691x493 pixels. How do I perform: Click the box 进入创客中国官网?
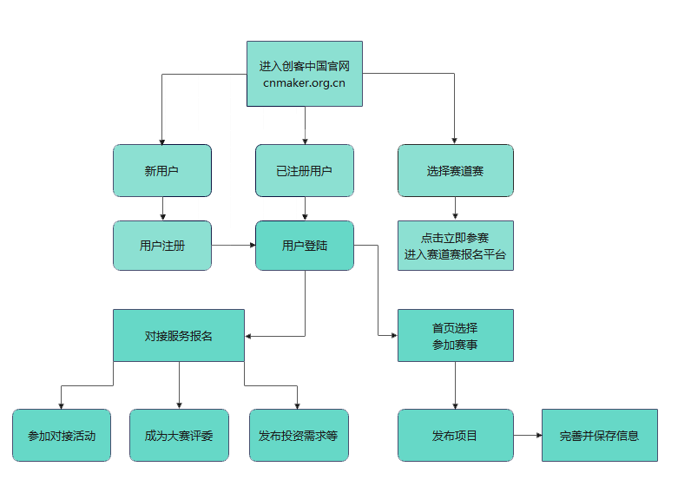click(304, 66)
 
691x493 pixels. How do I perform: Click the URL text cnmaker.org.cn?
click(304, 83)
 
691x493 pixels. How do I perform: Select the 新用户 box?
click(161, 171)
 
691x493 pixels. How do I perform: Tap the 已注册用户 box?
click(304, 171)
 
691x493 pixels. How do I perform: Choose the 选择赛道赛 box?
click(455, 171)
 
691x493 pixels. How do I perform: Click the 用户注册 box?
click(161, 246)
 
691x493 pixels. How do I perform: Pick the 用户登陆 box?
click(304, 246)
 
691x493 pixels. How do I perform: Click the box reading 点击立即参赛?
click(455, 237)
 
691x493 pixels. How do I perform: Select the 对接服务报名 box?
click(178, 335)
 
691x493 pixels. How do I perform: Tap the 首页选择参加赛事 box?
click(455, 335)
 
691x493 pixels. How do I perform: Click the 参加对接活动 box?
click(62, 435)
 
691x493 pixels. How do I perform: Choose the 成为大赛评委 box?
click(179, 435)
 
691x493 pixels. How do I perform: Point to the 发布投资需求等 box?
click(298, 435)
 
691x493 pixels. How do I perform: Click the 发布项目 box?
click(455, 435)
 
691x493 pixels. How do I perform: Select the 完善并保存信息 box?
click(599, 435)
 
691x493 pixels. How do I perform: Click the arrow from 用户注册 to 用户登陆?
click(233, 246)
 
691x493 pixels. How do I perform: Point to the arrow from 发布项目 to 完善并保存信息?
click(527, 435)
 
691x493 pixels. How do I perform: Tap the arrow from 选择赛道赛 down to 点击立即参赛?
click(455, 208)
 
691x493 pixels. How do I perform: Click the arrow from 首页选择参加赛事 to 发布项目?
click(455, 385)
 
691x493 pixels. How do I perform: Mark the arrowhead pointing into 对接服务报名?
click(249, 336)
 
